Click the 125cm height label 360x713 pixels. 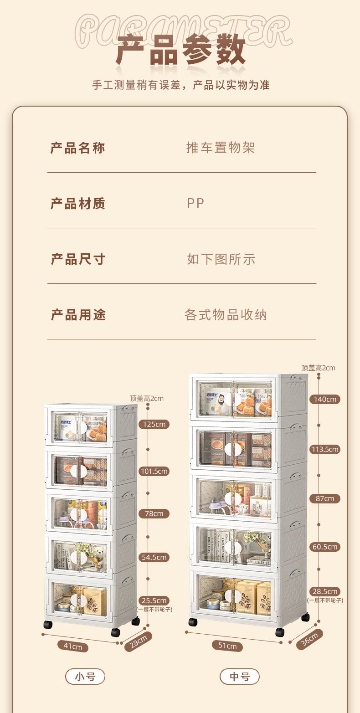154,425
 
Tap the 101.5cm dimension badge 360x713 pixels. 154,471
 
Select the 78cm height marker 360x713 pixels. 154,514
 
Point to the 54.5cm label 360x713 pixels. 154,558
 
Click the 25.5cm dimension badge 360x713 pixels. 154,600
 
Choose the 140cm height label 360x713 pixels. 325,400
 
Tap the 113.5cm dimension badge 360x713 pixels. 325,450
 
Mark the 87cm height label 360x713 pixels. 325,498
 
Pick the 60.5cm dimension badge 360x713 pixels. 325,547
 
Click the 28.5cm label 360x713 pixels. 325,592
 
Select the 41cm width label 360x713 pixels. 73,646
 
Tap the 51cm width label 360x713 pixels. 227,646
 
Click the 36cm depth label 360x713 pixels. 310,639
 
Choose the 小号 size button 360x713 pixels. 85,677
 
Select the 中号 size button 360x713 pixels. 239,677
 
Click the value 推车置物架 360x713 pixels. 221,148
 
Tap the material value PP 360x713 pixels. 195,203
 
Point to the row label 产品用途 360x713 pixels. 78,315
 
